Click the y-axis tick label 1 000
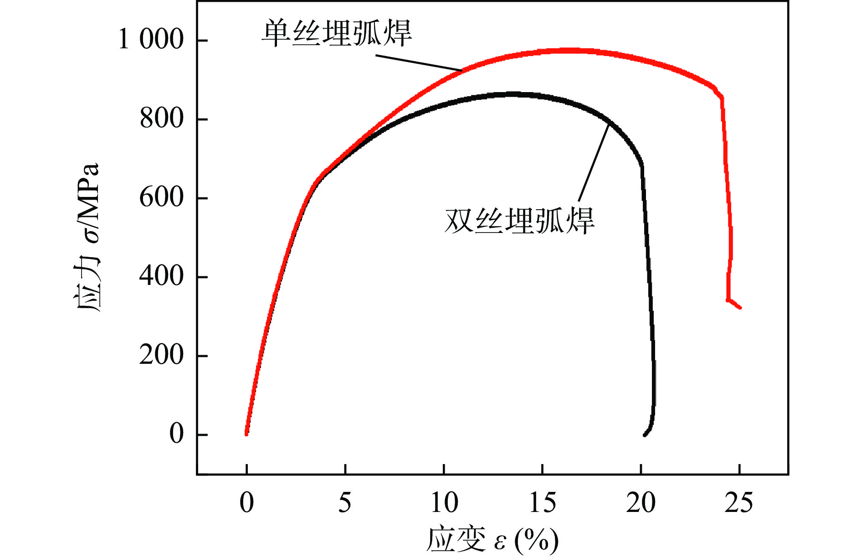point(151,39)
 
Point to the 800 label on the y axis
point(161,119)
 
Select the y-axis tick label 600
point(161,197)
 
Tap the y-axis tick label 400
point(161,276)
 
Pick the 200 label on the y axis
point(161,355)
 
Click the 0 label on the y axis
point(176,434)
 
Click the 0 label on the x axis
point(246,503)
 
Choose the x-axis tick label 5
point(345,503)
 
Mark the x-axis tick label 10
point(444,503)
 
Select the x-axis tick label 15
point(543,503)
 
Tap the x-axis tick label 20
point(641,503)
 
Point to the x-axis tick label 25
point(739,503)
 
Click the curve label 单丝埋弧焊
point(337,33)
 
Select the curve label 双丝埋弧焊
point(519,221)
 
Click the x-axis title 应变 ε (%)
point(492,541)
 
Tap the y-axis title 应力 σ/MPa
point(87,237)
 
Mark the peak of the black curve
point(512,94)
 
